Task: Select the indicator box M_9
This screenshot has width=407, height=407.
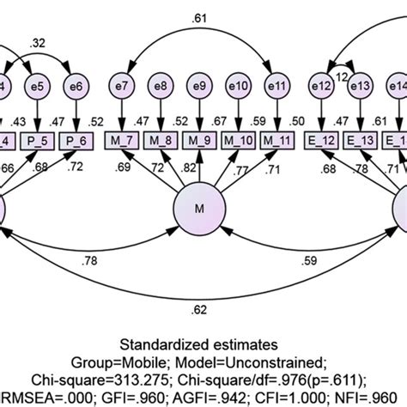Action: tap(200, 141)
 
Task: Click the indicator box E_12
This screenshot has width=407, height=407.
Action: tap(319, 141)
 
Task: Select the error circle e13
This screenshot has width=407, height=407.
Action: tap(360, 87)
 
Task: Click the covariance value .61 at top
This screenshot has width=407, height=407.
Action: tap(198, 16)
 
